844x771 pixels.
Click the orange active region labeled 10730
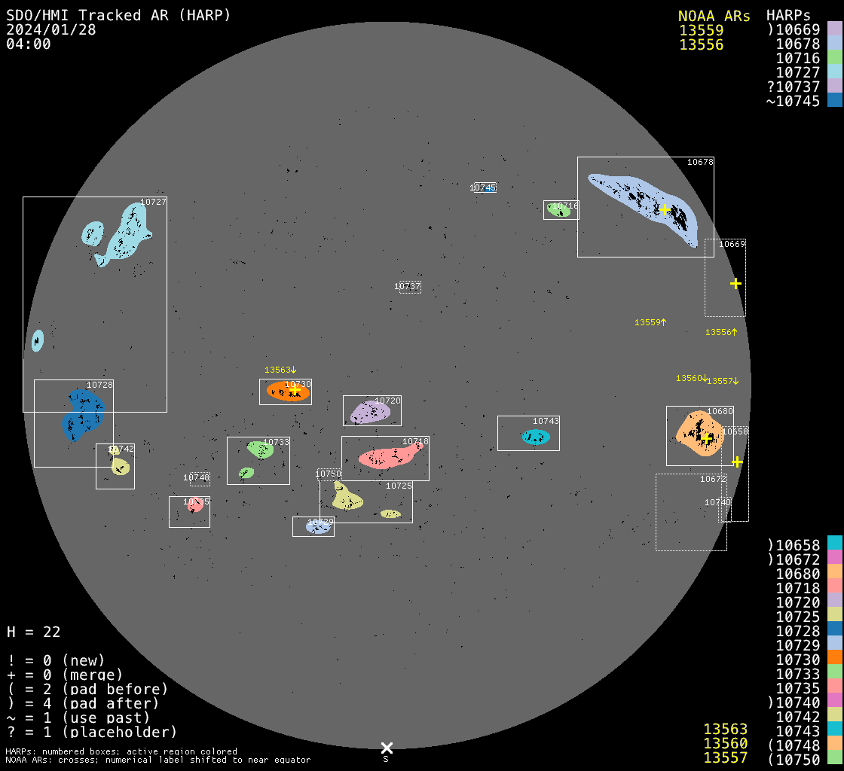point(287,392)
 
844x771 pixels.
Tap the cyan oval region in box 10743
point(536,437)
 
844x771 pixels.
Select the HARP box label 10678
point(700,162)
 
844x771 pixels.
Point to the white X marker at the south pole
point(387,748)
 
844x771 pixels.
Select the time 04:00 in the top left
point(28,44)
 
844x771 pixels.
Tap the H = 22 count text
point(33,632)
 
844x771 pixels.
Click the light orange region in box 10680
point(699,435)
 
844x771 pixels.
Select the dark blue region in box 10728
point(82,414)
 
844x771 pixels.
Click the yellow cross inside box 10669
point(735,283)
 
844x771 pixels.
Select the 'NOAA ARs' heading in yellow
point(714,16)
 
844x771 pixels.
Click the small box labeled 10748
point(199,478)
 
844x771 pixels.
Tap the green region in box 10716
point(558,210)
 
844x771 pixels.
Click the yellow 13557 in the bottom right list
point(725,757)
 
